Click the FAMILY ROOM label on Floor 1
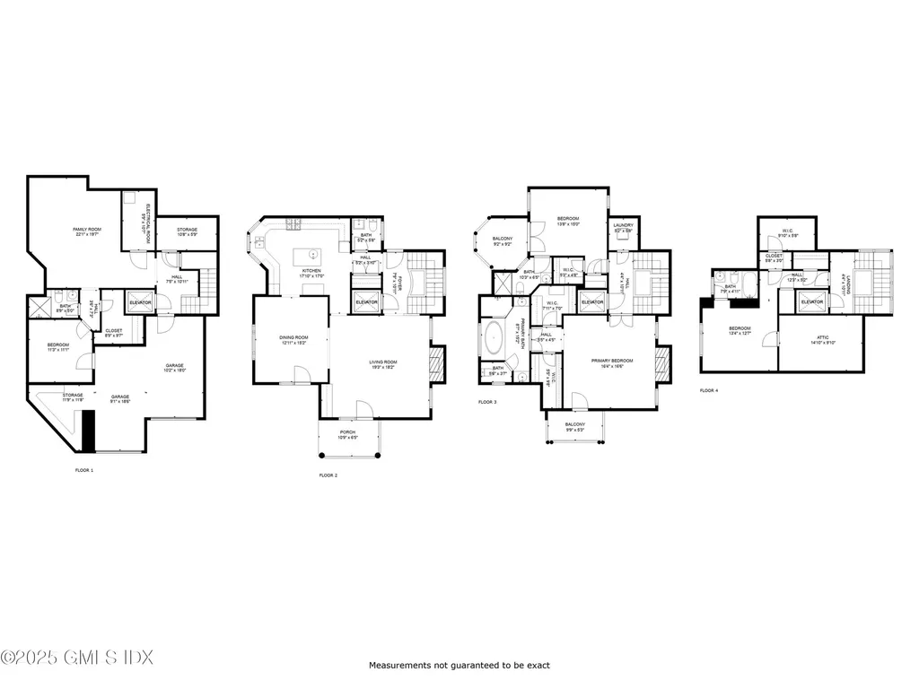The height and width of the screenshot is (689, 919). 87,231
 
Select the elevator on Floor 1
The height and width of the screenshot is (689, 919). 140,302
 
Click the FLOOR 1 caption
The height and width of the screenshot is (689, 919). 83,470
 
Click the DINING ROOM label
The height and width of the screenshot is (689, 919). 293,339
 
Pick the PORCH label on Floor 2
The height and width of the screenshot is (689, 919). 346,433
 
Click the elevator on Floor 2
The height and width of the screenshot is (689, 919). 365,301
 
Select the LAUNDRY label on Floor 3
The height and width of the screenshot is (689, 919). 623,226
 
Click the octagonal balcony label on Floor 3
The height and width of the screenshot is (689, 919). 502,241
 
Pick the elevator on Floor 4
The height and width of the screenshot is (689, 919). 812,301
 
